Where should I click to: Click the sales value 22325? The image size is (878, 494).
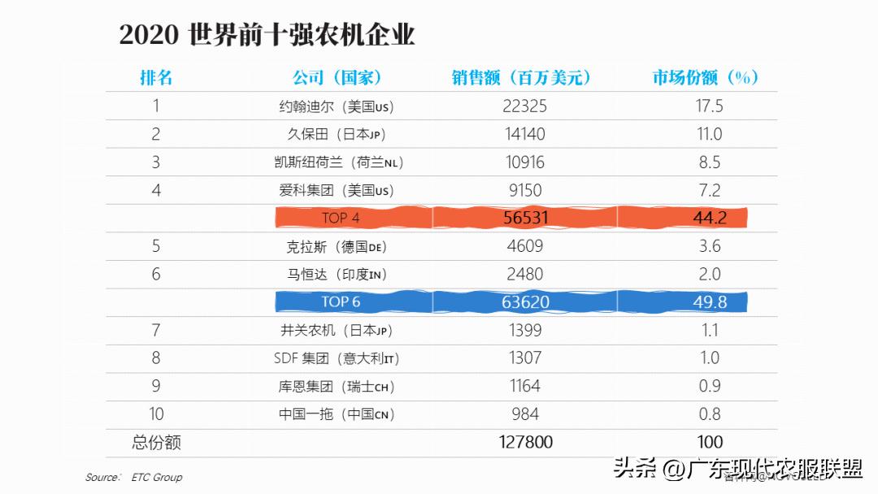coord(525,106)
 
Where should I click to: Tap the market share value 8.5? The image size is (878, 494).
coord(710,162)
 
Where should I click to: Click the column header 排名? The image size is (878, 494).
coord(156,77)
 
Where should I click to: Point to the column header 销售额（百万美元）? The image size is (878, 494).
coord(521,77)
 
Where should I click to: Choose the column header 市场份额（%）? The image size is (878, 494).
coord(706,77)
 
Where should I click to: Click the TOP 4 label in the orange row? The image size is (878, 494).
coord(341,218)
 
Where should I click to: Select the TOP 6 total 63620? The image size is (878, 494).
coord(525,302)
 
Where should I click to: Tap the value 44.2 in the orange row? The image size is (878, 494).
coord(710,218)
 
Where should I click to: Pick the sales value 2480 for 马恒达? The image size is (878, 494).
coord(525,275)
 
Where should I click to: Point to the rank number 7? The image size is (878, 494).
coord(156,330)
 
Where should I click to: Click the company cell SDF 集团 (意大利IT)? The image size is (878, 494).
coord(336,358)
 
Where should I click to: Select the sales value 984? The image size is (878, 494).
coord(525,414)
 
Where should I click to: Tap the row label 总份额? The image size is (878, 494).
coord(156,442)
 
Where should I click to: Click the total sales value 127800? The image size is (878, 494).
coord(525,442)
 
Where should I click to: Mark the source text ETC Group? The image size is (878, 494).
coord(157,477)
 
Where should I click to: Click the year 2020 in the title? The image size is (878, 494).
coord(149,35)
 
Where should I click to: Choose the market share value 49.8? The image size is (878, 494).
coord(710,302)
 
